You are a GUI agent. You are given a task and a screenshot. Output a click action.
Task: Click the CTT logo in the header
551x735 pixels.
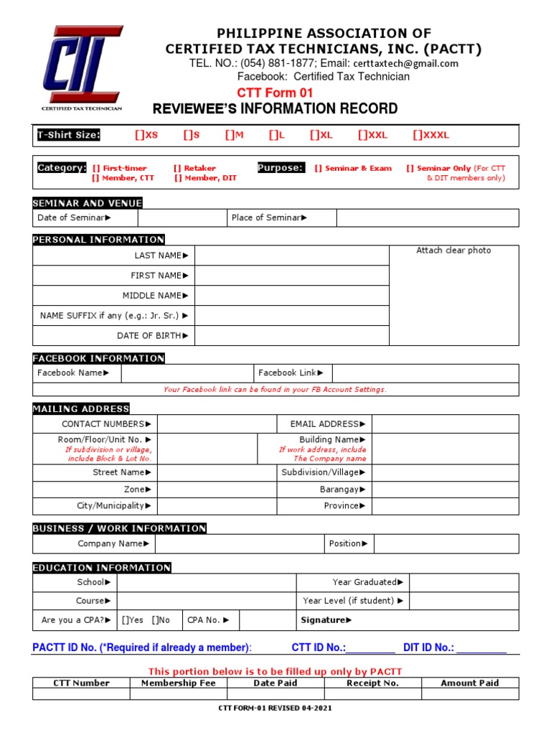(80, 66)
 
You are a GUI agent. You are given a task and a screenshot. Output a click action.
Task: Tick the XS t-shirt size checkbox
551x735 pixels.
(138, 135)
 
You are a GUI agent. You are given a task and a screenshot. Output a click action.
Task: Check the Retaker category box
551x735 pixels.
(176, 168)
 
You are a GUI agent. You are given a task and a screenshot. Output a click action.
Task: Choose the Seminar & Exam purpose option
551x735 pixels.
(318, 168)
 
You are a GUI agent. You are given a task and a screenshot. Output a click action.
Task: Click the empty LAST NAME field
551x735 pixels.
(291, 256)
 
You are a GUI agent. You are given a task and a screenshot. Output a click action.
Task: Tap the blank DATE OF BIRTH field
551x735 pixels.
(291, 336)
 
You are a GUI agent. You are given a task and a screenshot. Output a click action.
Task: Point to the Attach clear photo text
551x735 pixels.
(453, 251)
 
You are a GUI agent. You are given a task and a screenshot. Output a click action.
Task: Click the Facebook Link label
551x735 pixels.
(291, 373)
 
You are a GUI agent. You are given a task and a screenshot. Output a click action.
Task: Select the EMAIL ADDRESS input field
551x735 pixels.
(445, 424)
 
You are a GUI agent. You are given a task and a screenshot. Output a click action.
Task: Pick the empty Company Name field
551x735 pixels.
(238, 544)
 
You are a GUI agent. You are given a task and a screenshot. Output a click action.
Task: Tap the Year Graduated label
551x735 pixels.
(367, 582)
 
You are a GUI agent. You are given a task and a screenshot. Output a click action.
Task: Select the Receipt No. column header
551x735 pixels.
(372, 683)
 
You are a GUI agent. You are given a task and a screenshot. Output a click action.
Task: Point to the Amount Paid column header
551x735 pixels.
(469, 683)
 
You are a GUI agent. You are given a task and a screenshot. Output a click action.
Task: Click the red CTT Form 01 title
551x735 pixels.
(275, 93)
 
